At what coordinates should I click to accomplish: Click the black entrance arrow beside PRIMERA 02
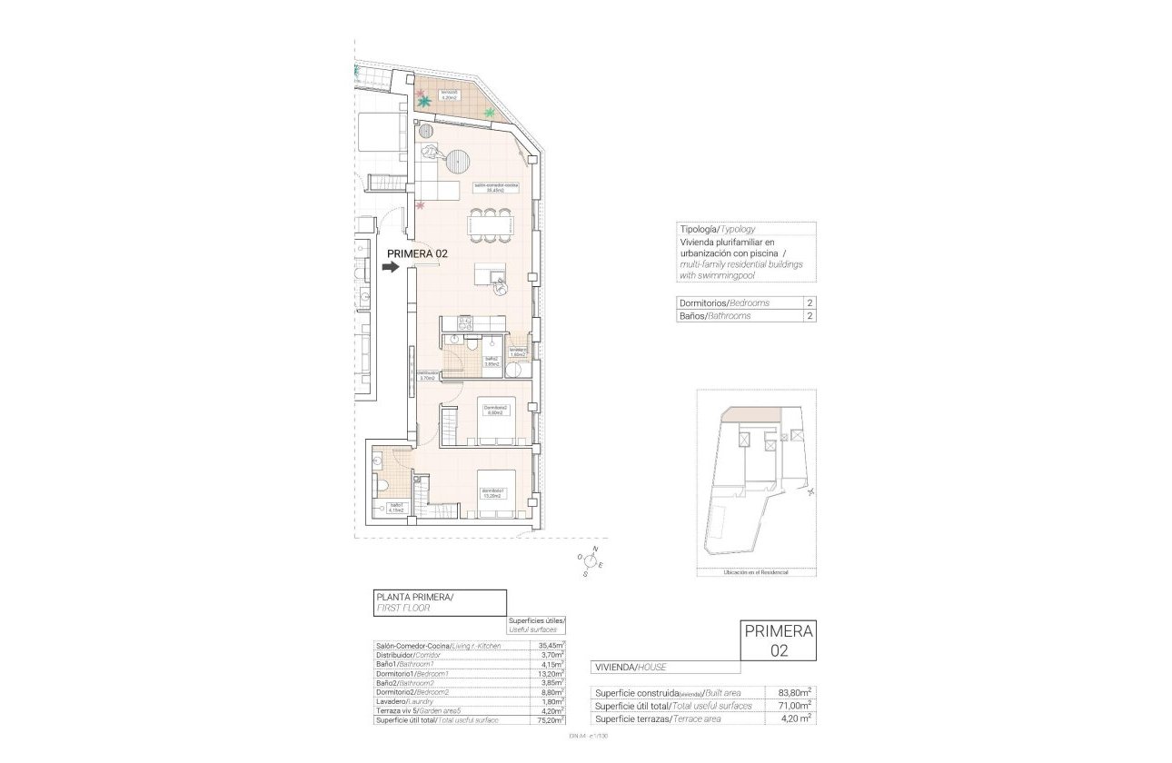pos(391,267)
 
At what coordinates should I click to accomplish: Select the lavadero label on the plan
pos(518,352)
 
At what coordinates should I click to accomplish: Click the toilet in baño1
pos(382,484)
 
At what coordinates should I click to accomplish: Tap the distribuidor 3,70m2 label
pos(429,375)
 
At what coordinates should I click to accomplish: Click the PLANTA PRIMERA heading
pos(413,597)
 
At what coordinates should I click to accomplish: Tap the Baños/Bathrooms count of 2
pos(808,316)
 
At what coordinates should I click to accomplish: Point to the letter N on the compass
pos(595,550)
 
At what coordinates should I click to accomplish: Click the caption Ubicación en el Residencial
pos(756,572)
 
